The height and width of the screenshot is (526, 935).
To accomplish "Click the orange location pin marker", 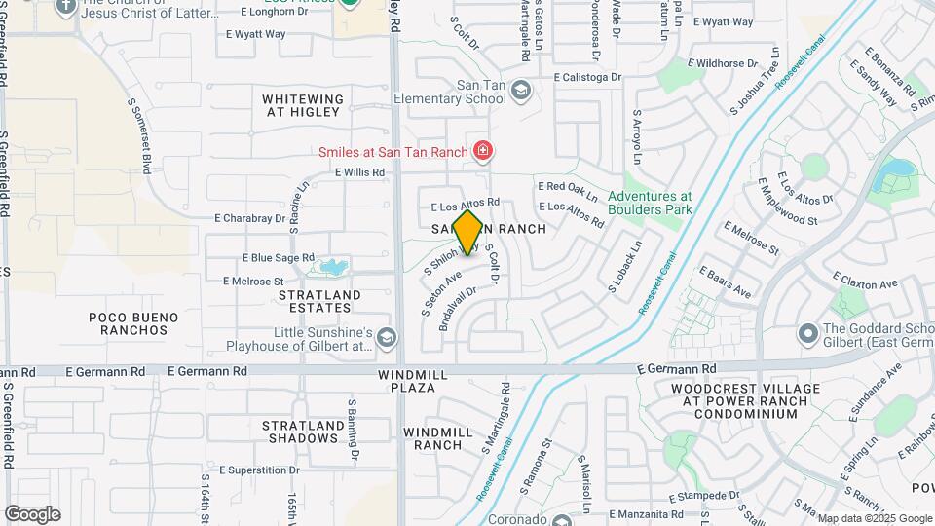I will (x=467, y=232).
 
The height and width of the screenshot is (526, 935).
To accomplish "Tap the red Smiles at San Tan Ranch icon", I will (x=481, y=151).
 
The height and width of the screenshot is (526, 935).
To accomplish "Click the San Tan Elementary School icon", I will (x=521, y=91).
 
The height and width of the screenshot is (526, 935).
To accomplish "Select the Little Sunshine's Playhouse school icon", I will (x=387, y=338).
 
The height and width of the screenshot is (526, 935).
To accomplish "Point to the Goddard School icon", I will (x=807, y=334).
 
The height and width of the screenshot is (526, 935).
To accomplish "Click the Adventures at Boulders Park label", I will (x=650, y=203).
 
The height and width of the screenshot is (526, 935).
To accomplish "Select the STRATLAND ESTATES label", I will (x=319, y=301).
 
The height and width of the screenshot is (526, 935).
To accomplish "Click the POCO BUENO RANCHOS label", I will (x=133, y=323).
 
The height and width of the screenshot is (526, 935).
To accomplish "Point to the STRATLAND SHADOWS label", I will (x=302, y=432).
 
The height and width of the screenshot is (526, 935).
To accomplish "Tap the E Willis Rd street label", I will (x=359, y=172).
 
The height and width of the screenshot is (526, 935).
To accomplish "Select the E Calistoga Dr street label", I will (x=586, y=77).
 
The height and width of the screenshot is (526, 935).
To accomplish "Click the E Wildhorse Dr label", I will (x=722, y=63).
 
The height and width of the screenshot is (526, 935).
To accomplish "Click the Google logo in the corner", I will (x=32, y=514).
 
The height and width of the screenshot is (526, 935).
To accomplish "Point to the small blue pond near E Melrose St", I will (x=332, y=266).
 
